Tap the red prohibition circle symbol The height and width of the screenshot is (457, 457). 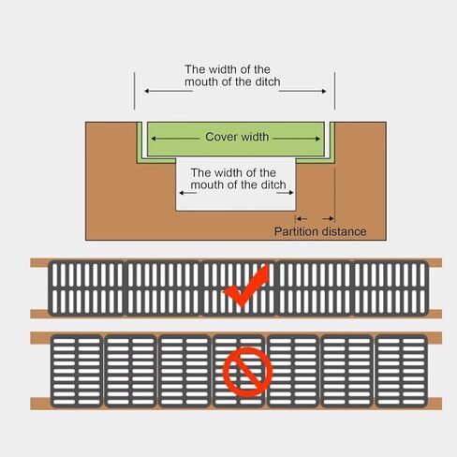[247, 372]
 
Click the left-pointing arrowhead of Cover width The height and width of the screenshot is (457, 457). [154, 139]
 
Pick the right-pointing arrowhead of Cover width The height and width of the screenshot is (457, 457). [317, 139]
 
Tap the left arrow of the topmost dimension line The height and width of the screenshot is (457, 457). [169, 91]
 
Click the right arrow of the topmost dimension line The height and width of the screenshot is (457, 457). [302, 91]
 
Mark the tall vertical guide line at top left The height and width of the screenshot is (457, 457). [135, 91]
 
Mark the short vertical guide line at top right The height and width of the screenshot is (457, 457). [334, 91]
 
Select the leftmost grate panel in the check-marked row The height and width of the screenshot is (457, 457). [87, 288]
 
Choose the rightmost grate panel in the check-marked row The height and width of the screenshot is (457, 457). [391, 288]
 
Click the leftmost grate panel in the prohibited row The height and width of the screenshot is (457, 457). [77, 371]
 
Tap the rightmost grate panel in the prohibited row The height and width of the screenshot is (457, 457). [401, 371]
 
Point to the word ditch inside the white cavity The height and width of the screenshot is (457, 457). [273, 184]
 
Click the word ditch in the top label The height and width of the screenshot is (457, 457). [268, 81]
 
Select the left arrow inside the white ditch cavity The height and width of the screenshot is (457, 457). [187, 193]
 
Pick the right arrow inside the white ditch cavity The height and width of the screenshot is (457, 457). [285, 193]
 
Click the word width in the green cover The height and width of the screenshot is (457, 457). [253, 137]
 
